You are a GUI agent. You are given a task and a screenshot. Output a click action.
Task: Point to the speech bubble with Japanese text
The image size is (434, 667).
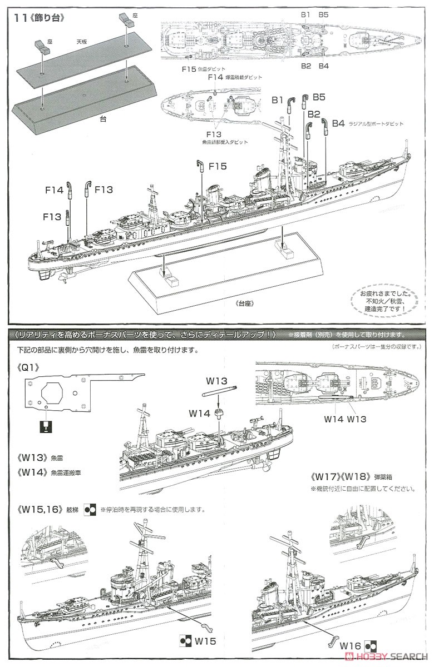[382, 300]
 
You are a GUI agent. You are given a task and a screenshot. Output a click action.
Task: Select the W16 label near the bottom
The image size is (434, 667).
[353, 646]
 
